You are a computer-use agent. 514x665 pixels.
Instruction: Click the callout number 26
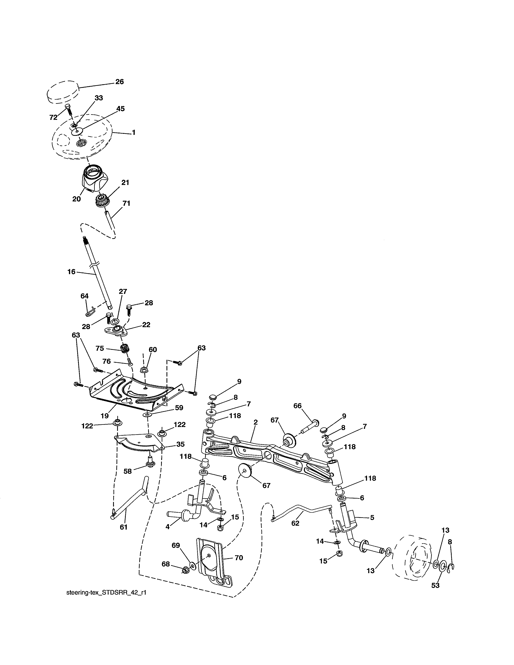(x=119, y=82)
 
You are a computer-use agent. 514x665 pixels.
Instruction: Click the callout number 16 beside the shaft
(x=71, y=272)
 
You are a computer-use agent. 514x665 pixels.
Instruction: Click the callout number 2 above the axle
(x=255, y=422)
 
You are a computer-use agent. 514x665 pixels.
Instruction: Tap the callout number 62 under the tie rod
(x=295, y=523)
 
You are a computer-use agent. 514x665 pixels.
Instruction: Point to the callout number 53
(x=435, y=585)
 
